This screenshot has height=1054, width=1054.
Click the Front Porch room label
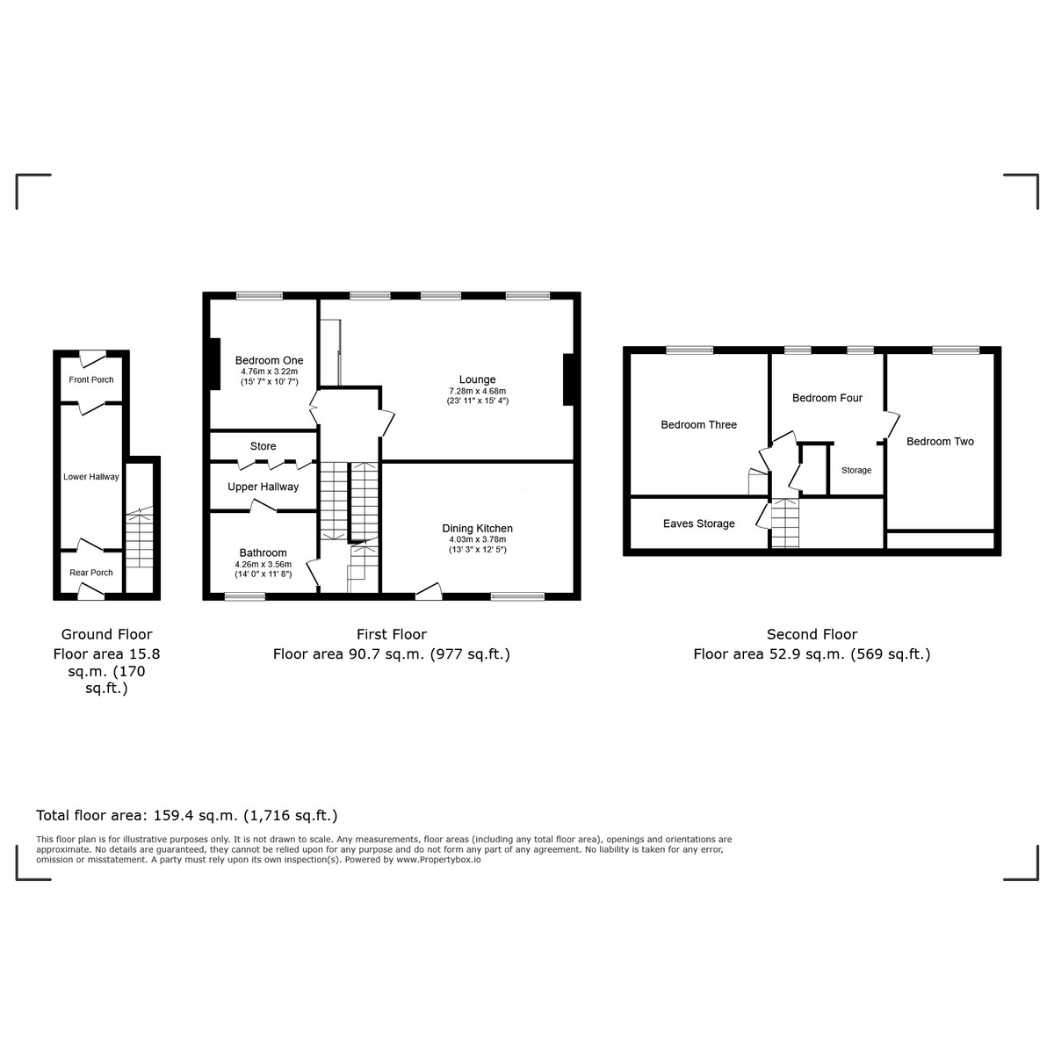point(91,380)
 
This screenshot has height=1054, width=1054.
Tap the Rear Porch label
point(91,573)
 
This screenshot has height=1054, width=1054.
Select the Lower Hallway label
point(91,477)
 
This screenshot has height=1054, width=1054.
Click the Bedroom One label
point(269,360)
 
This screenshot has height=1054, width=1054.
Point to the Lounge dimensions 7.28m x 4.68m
point(477,391)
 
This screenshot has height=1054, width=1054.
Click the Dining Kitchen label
point(477,528)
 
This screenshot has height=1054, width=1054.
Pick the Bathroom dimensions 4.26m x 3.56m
point(263,564)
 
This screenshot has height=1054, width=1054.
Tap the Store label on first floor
point(263,446)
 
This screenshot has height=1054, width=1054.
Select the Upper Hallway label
point(263,487)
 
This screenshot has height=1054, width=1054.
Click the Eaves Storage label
point(698,523)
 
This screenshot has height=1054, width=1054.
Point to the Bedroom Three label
point(698,425)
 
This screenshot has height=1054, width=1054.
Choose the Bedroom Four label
point(827,398)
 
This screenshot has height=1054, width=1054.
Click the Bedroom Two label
point(940,442)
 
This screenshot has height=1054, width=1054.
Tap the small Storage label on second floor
point(856,471)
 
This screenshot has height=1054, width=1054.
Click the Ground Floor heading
point(106,634)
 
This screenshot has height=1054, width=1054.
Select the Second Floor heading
point(812,634)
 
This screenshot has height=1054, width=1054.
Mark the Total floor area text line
point(186,815)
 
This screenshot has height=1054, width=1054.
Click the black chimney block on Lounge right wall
point(568,379)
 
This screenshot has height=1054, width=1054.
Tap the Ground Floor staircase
point(139,536)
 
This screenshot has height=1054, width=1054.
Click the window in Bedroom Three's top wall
point(689,350)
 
